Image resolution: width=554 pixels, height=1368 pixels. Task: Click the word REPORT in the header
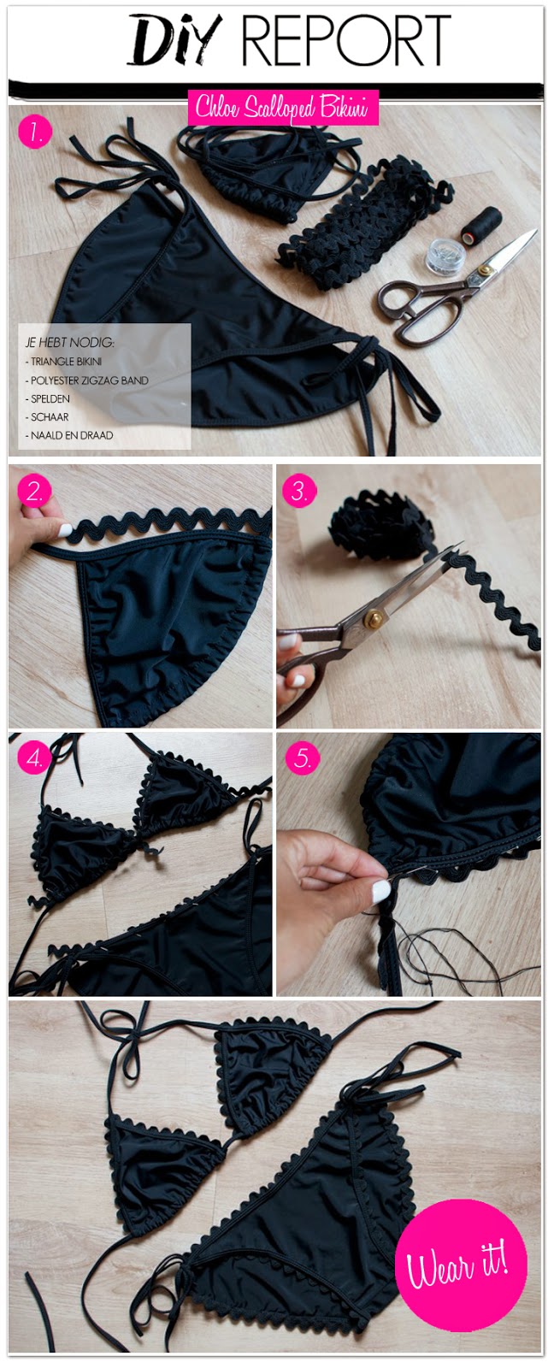[345, 40]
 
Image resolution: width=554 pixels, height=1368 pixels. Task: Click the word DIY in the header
[174, 40]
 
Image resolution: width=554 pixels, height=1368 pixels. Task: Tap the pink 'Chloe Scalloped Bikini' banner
[283, 108]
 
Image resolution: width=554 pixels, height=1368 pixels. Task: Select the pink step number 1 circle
[35, 133]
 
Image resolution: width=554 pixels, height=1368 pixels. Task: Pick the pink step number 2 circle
[35, 491]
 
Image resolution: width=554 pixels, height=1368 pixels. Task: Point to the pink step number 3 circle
[299, 491]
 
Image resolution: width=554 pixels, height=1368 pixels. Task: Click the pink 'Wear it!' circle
[457, 1261]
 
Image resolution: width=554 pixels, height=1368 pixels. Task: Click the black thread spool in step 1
[480, 224]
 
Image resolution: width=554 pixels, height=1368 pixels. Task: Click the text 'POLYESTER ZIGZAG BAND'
[89, 380]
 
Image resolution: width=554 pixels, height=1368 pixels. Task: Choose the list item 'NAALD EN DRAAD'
[69, 435]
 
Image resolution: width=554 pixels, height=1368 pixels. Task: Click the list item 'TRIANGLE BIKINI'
[63, 362]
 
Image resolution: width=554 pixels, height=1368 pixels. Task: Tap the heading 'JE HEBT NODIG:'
[69, 343]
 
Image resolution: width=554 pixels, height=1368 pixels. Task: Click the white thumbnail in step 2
[65, 530]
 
